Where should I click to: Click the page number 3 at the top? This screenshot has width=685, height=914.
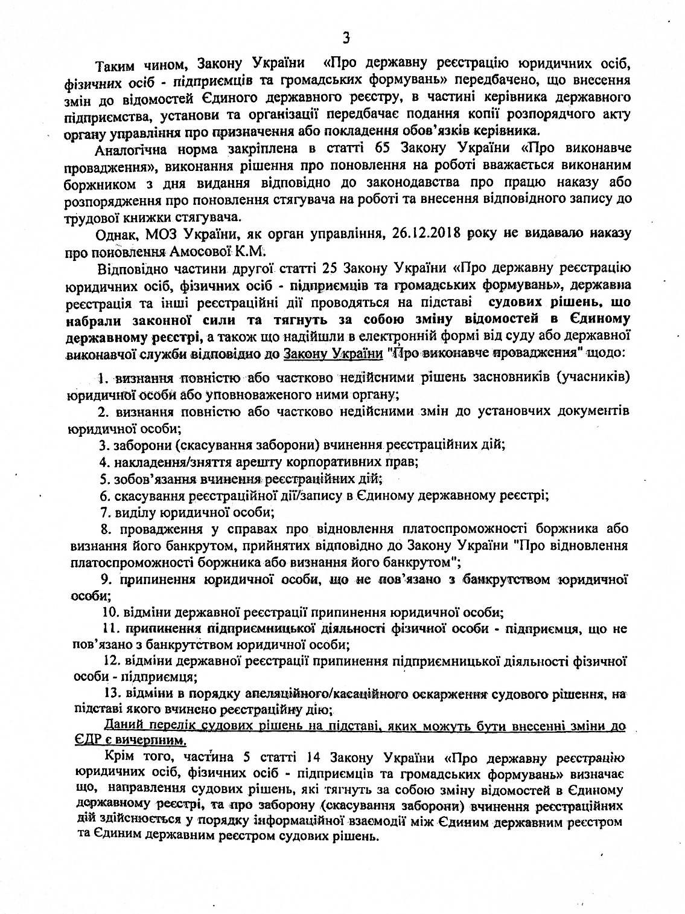(346, 38)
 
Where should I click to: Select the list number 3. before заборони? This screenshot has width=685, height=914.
(103, 445)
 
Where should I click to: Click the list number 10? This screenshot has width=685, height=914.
(107, 611)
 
